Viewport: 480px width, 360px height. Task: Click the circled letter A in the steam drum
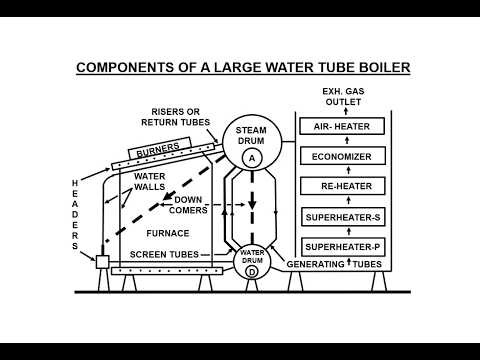[x=251, y=158]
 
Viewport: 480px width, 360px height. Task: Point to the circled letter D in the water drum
[x=252, y=271]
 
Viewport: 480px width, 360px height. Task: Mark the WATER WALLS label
[x=151, y=181]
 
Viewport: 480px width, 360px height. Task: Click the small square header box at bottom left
[x=102, y=263]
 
